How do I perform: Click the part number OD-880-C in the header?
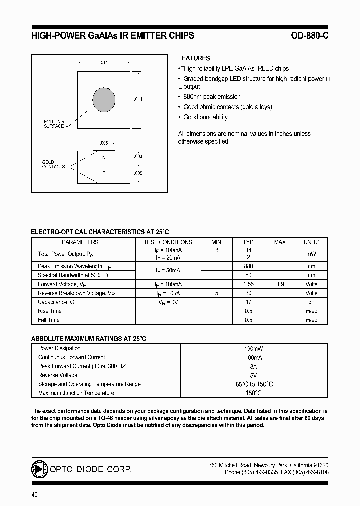pos(309,36)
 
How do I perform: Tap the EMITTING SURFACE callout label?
pos(54,124)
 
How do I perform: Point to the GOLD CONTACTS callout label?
pos(53,164)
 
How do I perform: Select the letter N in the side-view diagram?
pos(104,157)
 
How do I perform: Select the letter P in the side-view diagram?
pos(104,173)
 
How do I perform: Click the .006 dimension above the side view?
pos(103,143)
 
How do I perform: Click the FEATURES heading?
pos(194,58)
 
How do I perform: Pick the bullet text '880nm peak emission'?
pos(212,97)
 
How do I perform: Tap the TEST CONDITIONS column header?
pos(168,242)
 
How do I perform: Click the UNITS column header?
pos(311,242)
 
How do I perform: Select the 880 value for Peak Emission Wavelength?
pos(248,266)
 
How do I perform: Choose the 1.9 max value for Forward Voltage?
pos(280,284)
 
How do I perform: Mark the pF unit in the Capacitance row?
pos(311,302)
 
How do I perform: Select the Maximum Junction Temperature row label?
pos(76,393)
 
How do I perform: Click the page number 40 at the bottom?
pos(34,495)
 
